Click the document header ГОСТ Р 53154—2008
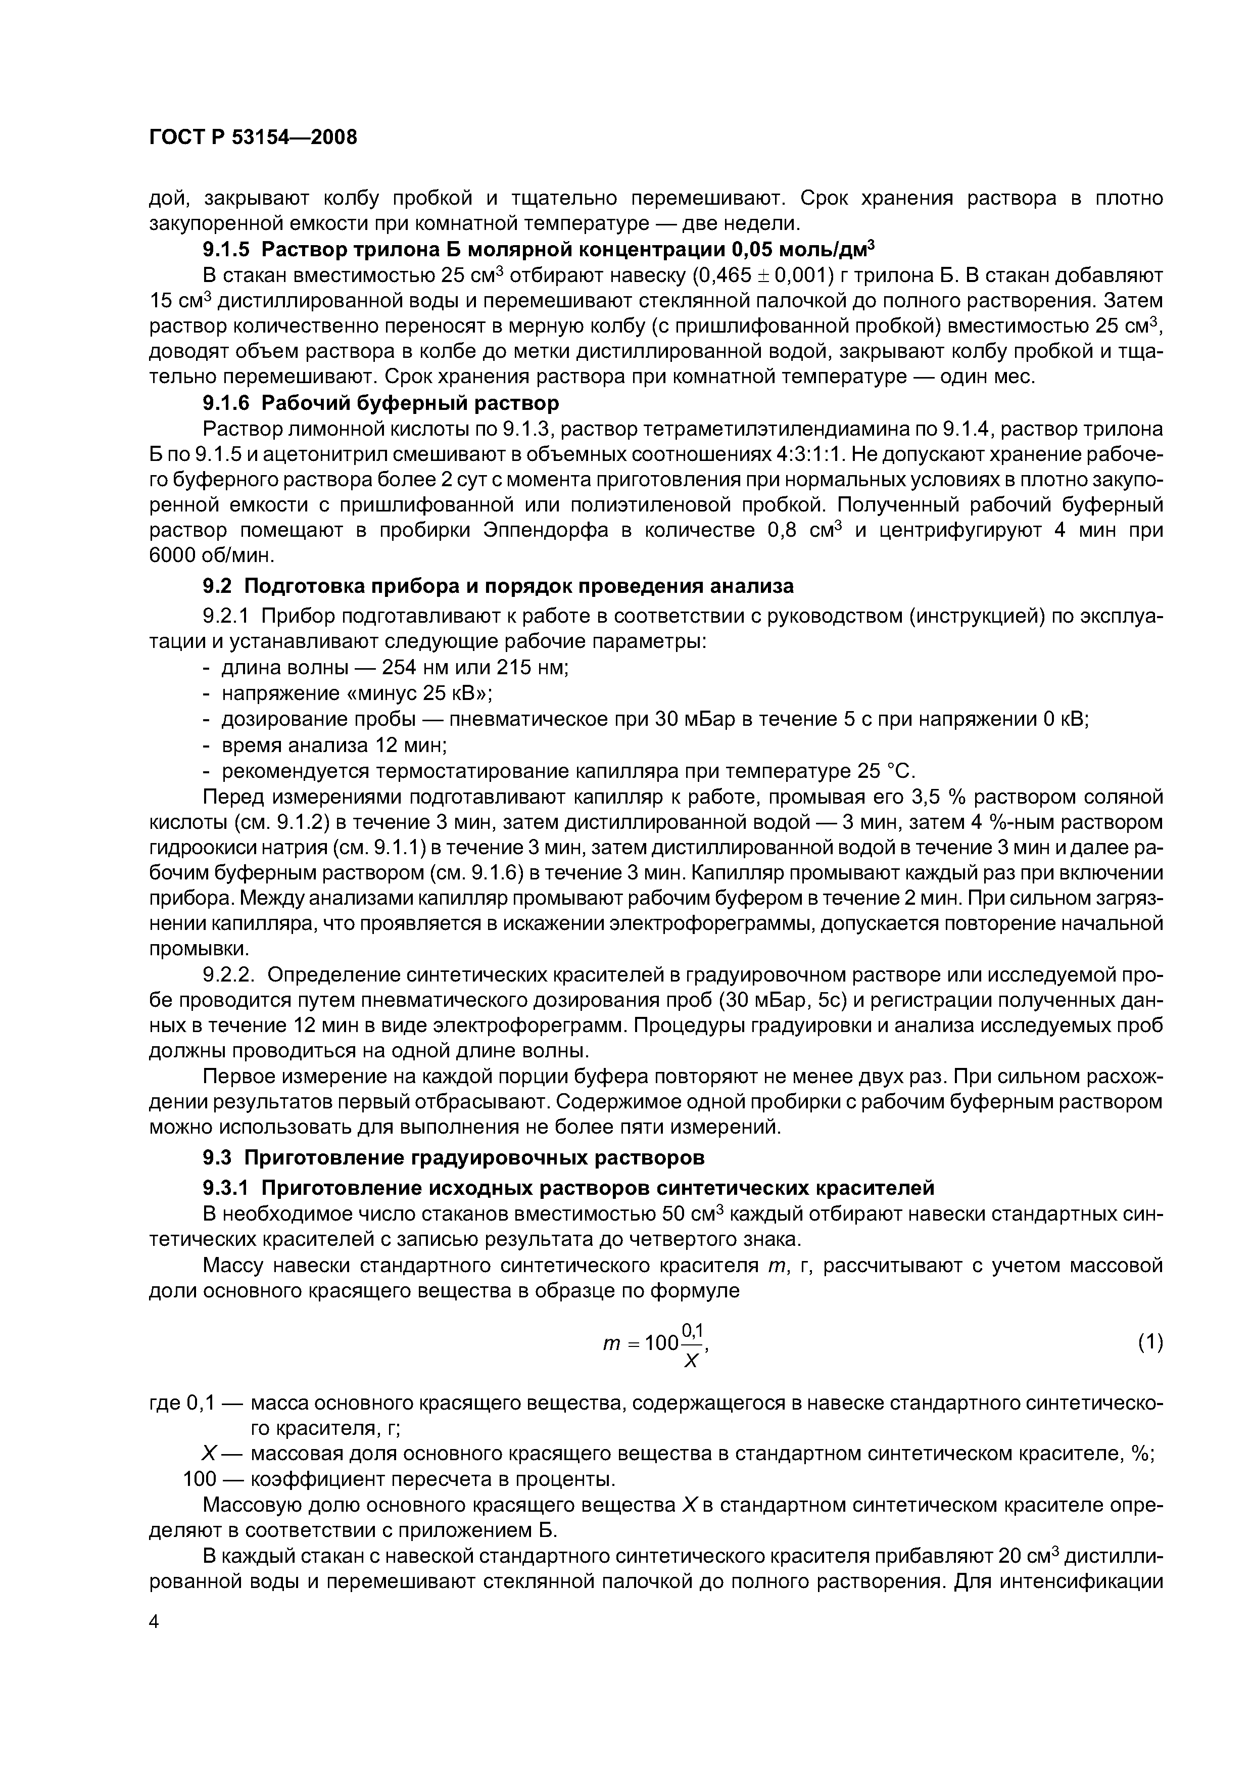point(253,137)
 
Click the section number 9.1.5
point(225,250)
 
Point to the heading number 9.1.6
point(225,403)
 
